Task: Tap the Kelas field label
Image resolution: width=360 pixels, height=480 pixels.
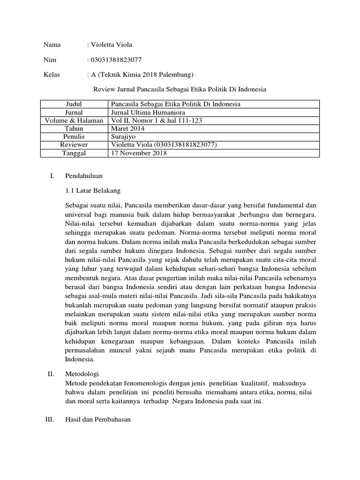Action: click(x=52, y=75)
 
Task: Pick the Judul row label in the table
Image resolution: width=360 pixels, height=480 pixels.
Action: click(x=74, y=104)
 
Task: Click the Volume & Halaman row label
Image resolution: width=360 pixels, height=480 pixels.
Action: click(x=74, y=120)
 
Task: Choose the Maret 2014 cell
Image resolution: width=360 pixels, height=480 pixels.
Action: click(x=127, y=128)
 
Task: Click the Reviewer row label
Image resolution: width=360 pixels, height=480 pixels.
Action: click(x=74, y=145)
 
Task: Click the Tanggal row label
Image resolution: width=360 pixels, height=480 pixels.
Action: click(x=74, y=153)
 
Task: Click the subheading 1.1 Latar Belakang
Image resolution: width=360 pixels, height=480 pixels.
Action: click(x=93, y=190)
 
